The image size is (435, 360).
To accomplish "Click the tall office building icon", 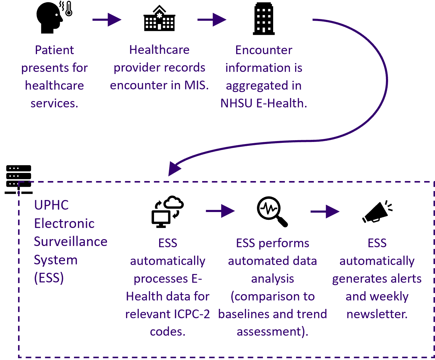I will [x=264, y=19].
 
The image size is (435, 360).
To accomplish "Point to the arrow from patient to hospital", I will [x=107, y=20].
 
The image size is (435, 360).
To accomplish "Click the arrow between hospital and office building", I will [x=212, y=20].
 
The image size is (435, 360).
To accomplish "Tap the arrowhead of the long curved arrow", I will [x=174, y=168].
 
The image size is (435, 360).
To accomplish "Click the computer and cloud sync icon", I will [x=167, y=211].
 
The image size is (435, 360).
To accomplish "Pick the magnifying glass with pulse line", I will [x=272, y=211].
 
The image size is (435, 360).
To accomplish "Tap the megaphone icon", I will [x=377, y=212].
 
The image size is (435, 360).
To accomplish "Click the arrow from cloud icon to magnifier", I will [x=220, y=211].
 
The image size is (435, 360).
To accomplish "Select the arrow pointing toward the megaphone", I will [x=325, y=211].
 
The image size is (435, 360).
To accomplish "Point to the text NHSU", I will [x=236, y=103].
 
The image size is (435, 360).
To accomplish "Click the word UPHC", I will [x=51, y=205].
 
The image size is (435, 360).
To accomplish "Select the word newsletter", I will [x=377, y=314].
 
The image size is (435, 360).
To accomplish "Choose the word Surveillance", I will [x=71, y=242].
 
